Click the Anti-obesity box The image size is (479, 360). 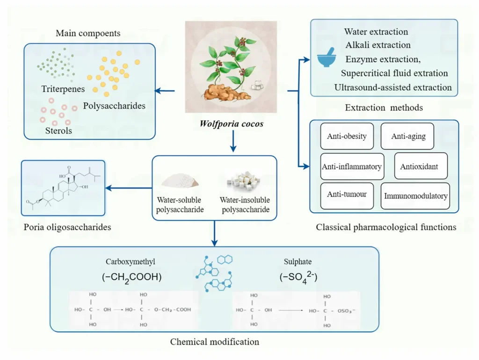pyautogui.click(x=347, y=137)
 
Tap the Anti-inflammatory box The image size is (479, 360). pyautogui.click(x=352, y=166)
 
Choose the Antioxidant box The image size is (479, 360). pyautogui.click(x=419, y=166)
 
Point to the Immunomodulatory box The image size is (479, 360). pyautogui.click(x=415, y=196)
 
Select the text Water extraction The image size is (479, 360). pyautogui.click(x=376, y=32)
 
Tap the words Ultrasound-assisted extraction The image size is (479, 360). pyautogui.click(x=393, y=87)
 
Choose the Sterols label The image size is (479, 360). pyautogui.click(x=58, y=130)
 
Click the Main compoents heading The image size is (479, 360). pyautogui.click(x=88, y=33)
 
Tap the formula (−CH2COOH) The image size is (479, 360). pyautogui.click(x=131, y=277)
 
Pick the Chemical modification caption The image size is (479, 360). pyautogui.click(x=214, y=342)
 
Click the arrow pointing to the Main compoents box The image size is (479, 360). pyautogui.click(x=165, y=91)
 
